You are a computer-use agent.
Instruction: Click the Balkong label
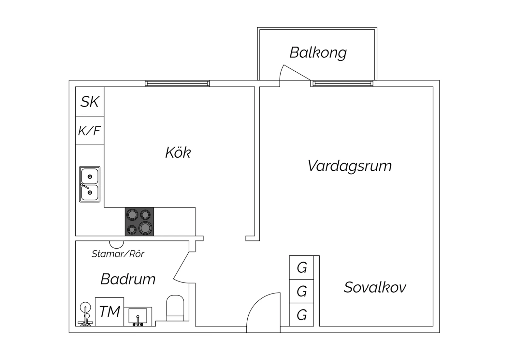[x=318, y=53]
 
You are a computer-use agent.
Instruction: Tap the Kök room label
[x=178, y=152]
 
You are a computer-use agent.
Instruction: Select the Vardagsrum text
[x=350, y=166]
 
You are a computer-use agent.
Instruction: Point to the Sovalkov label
[x=375, y=287]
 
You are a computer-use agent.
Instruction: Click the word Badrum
[x=128, y=279]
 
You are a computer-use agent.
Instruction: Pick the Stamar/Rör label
[x=118, y=254]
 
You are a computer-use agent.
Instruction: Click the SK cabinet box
[x=90, y=102]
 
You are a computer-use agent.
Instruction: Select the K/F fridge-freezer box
[x=90, y=130]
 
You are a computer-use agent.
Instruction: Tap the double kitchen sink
[x=90, y=184]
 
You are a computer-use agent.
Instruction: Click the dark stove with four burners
[x=139, y=221]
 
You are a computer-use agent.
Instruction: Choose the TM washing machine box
[x=109, y=312]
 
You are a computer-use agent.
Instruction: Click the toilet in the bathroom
[x=175, y=308]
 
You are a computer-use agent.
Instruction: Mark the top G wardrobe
[x=301, y=268]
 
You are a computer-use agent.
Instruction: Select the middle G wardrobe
[x=301, y=291]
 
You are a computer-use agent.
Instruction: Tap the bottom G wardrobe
[x=301, y=315]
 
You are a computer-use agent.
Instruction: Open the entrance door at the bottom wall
[x=263, y=312]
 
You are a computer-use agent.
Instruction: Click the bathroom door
[x=182, y=267]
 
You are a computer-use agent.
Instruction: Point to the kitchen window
[x=177, y=84]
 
